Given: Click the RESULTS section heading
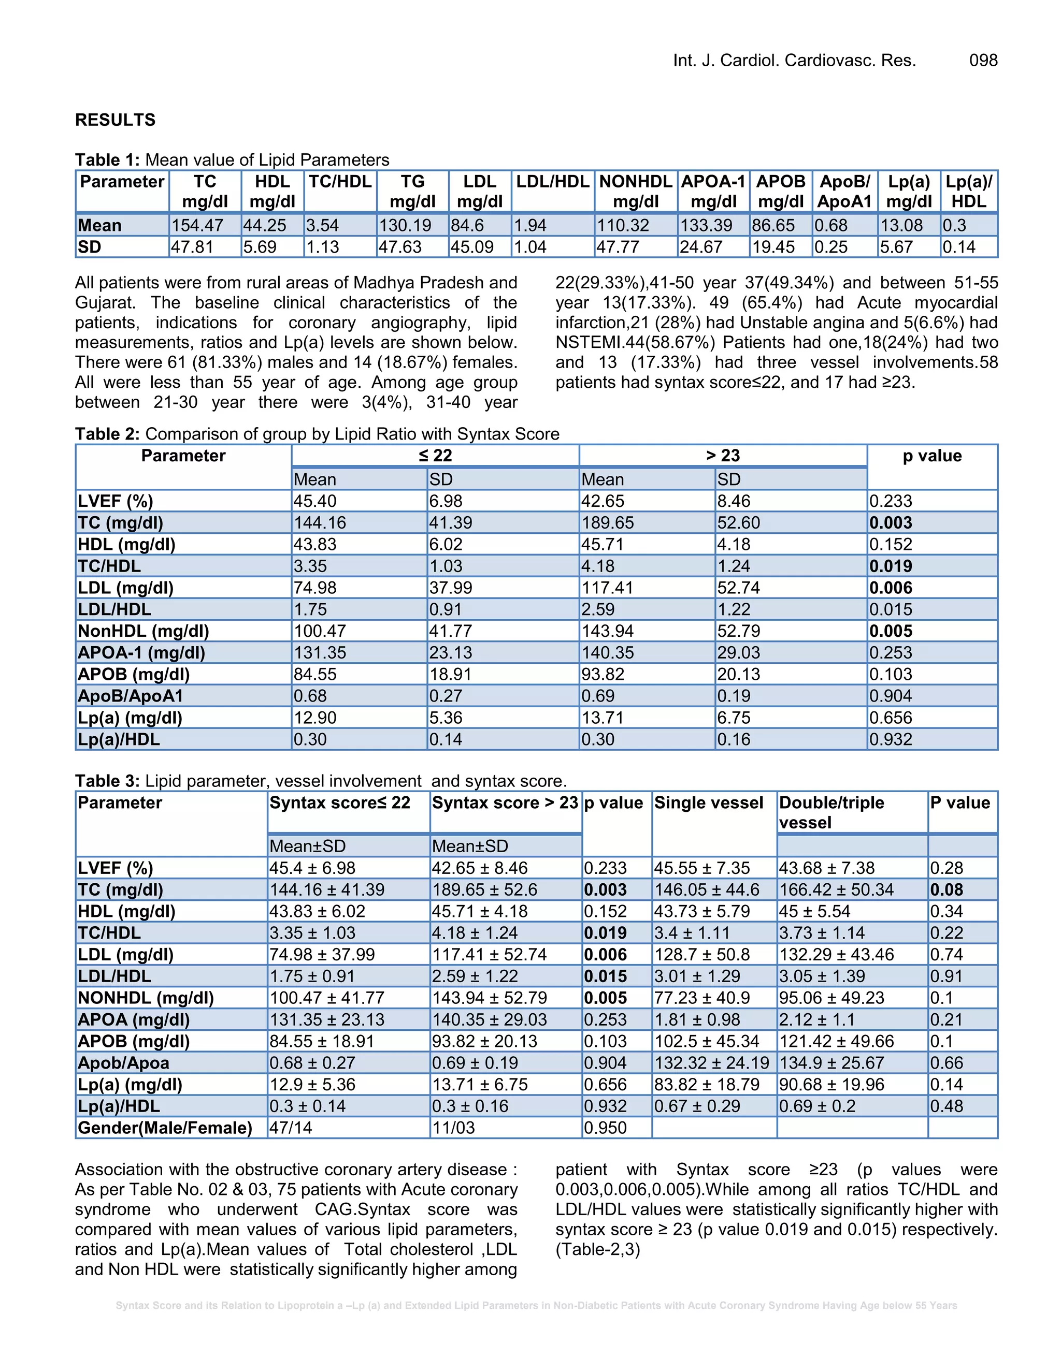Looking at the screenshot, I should [115, 120].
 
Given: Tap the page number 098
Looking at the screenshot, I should [983, 60].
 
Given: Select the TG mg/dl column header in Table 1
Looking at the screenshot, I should [412, 191].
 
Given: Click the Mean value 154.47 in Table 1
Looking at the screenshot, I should [197, 226].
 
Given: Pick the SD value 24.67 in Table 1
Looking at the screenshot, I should [700, 247].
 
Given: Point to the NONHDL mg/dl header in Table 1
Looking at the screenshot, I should [636, 191].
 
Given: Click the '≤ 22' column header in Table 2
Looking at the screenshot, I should [435, 456].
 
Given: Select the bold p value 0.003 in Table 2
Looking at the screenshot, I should [891, 523].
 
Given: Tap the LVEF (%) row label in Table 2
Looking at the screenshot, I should [116, 501].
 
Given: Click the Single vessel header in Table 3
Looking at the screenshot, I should [708, 803].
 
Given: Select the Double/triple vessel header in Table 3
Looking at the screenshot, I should [831, 812].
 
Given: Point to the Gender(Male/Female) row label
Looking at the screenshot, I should [165, 1128].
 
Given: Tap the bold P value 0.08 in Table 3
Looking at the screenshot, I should [947, 890].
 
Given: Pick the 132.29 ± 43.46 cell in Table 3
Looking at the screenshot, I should [836, 955].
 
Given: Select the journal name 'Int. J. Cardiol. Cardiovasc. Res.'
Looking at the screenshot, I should [795, 60].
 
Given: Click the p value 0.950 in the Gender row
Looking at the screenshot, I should [605, 1128].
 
